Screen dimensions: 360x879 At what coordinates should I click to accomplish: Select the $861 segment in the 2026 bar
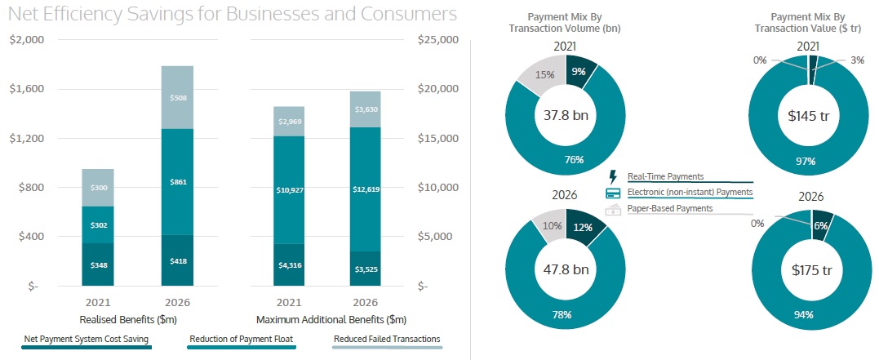177,181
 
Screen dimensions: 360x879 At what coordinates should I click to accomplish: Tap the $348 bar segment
97,264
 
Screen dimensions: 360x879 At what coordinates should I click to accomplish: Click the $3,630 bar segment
364,109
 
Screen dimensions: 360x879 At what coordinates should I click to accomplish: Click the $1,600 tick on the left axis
29,89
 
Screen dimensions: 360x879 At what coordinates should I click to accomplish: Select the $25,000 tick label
437,40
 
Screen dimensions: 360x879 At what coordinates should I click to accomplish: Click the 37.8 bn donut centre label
566,115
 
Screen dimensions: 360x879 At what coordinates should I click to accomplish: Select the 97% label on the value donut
806,162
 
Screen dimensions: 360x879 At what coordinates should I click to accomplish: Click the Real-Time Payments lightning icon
613,176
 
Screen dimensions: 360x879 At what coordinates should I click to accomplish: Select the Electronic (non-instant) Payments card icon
613,193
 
